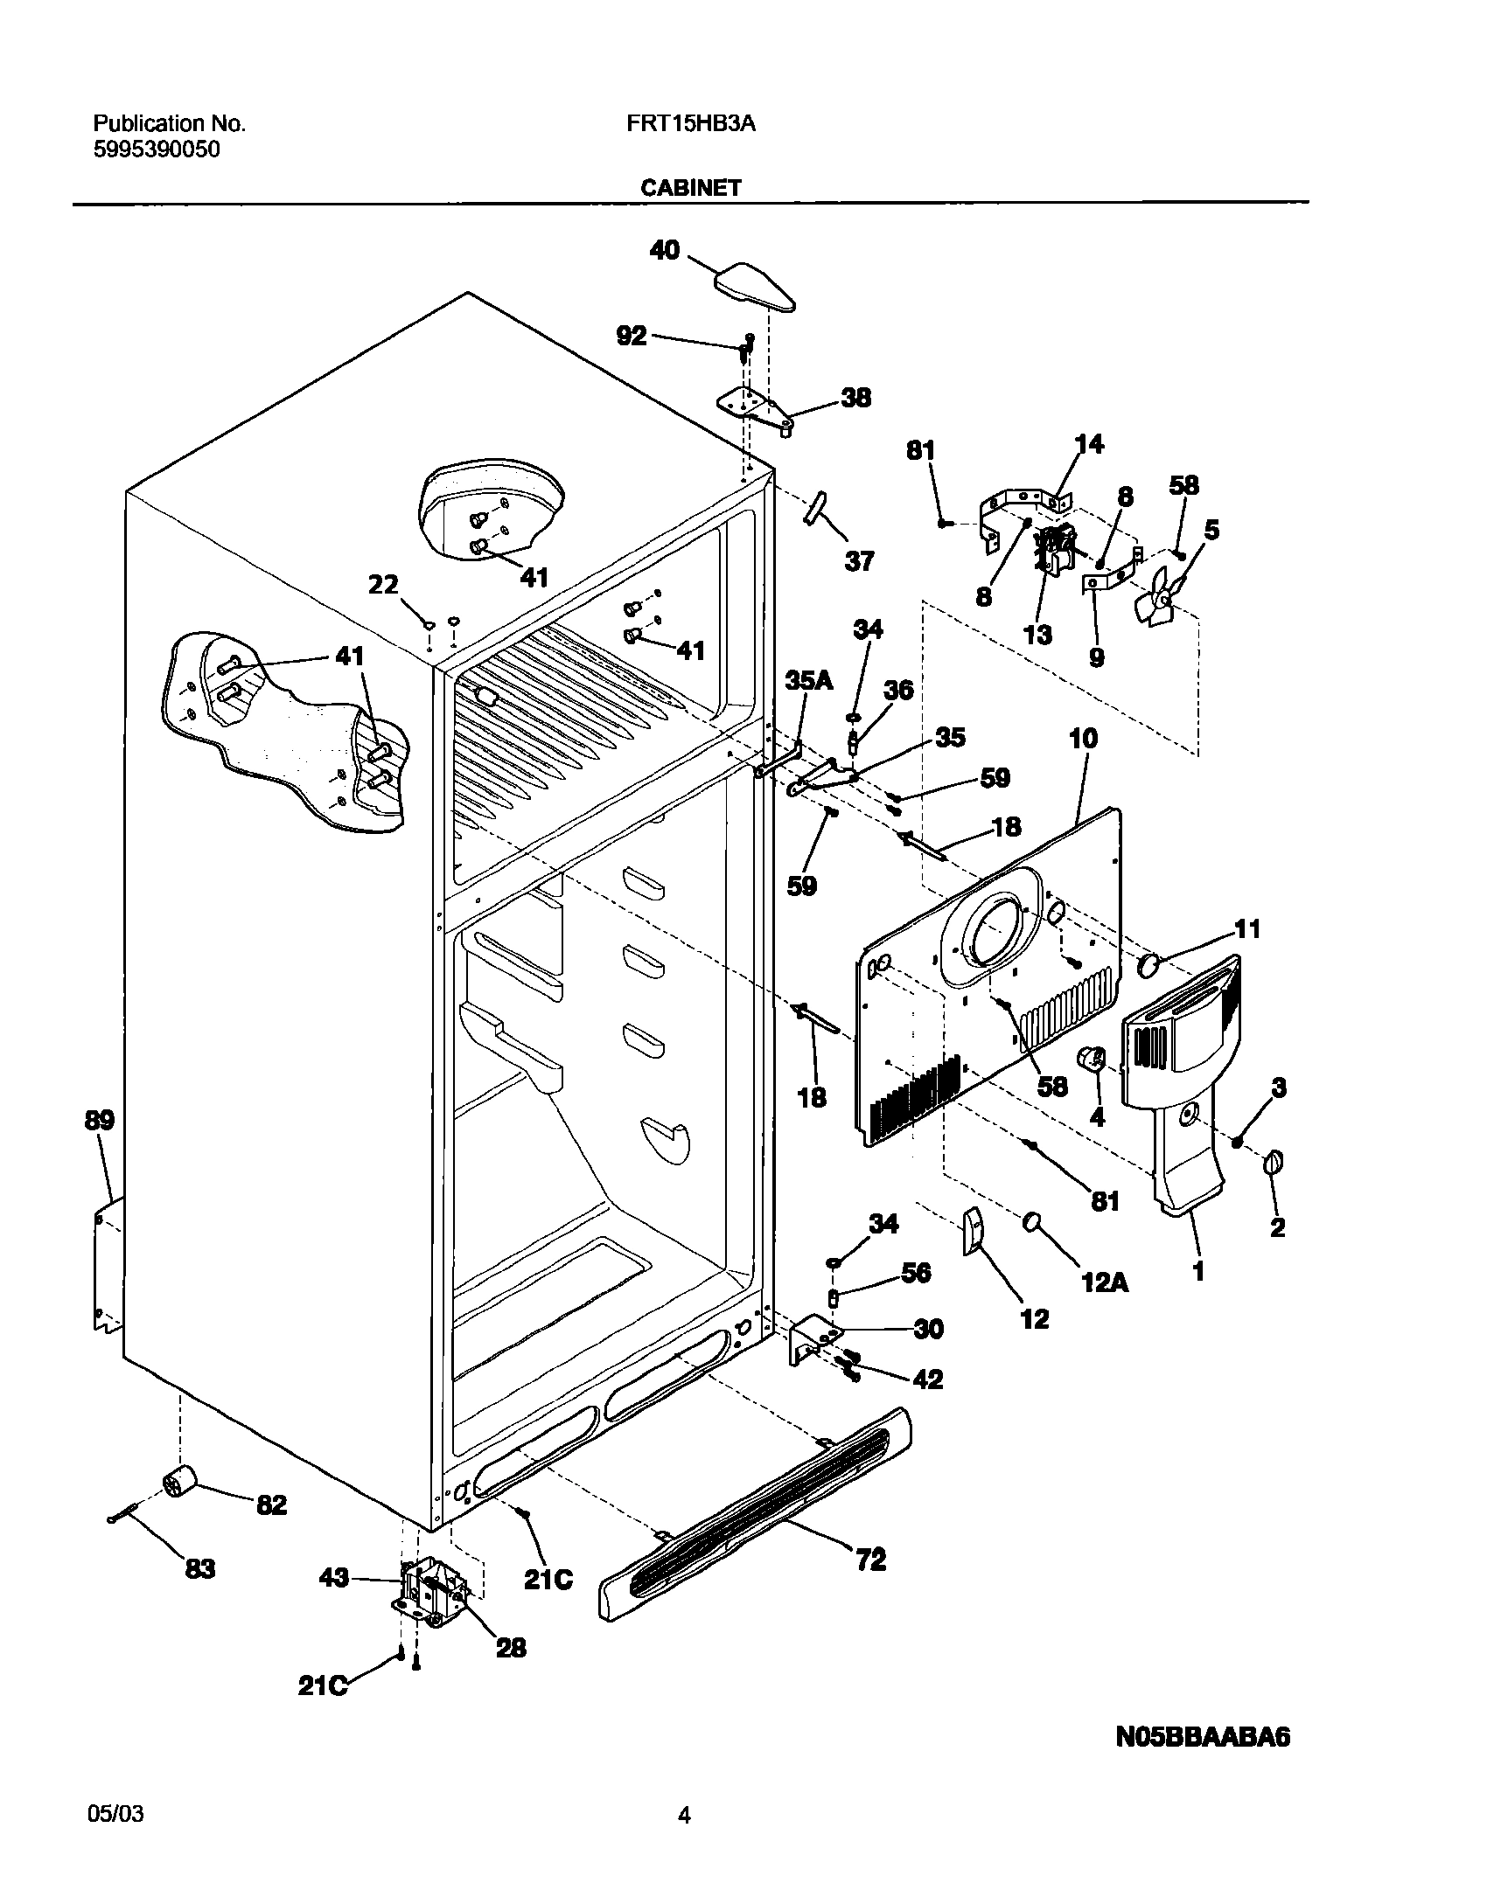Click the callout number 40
(664, 251)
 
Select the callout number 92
(632, 336)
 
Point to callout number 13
(1037, 635)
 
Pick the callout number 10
(1083, 739)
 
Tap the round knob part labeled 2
(1274, 1164)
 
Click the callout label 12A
(1105, 1282)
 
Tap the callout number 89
(99, 1121)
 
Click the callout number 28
(511, 1648)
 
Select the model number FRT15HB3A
(690, 124)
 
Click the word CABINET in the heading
(690, 188)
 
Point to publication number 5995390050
(156, 149)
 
